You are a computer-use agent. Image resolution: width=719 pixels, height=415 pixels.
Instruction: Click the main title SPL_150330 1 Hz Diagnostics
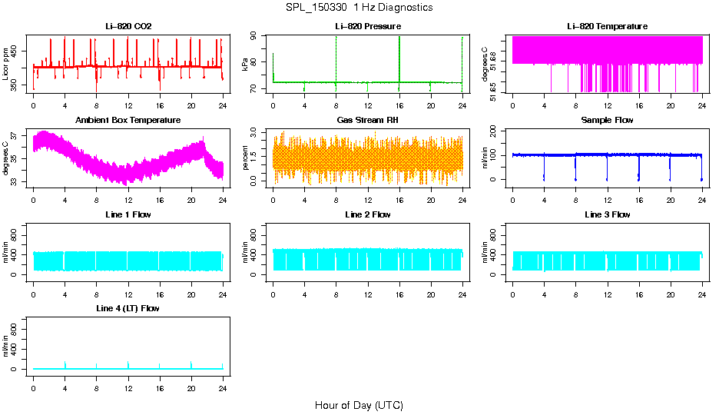click(359, 8)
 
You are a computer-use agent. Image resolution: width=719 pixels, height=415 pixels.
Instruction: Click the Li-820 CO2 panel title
click(128, 26)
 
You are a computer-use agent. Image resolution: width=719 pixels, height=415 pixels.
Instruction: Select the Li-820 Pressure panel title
click(368, 26)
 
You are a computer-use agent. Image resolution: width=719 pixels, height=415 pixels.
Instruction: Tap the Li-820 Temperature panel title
click(607, 26)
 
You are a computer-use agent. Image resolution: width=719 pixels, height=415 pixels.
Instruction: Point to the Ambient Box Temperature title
click(128, 120)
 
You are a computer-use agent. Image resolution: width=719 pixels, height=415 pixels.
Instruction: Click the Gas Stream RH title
click(368, 120)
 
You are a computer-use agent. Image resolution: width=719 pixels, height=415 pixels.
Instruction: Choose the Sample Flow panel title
click(607, 120)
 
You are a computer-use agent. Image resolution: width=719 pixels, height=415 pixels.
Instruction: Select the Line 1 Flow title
click(128, 214)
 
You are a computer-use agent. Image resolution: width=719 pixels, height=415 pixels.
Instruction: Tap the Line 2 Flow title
click(368, 214)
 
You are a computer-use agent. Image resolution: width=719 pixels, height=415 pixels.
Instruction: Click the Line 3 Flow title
click(607, 214)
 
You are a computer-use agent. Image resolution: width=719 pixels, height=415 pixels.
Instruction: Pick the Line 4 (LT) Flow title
click(128, 308)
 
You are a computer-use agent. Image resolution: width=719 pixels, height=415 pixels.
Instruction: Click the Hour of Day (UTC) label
click(359, 405)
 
